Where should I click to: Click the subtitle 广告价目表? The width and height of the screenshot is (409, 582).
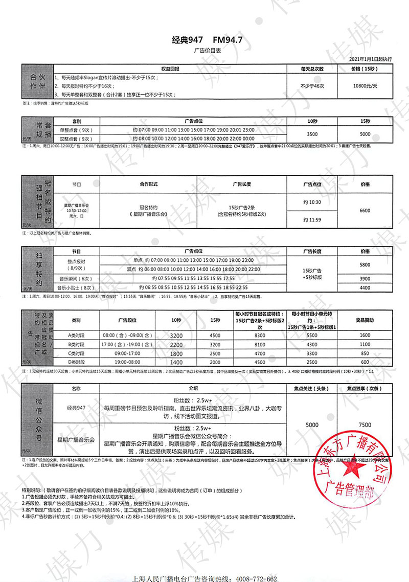point(204,52)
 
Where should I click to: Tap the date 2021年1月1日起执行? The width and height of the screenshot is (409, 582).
point(370,59)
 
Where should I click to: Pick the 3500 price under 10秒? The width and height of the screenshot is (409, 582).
point(312,135)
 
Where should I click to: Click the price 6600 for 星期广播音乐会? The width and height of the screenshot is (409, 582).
point(365,211)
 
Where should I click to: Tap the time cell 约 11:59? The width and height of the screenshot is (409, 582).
point(312,220)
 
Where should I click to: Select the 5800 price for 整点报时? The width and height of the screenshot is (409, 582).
point(365,264)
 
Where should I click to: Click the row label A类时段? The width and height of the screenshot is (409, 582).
point(76,335)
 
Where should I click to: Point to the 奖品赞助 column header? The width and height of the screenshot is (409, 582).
point(365,321)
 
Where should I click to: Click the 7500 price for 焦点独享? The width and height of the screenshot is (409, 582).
point(365,424)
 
